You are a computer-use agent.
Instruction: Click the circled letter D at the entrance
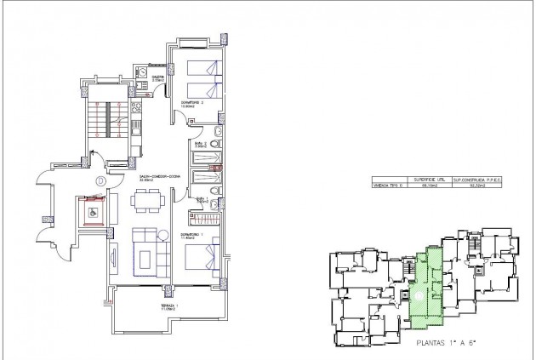(100, 180)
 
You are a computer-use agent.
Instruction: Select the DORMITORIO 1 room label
(191, 235)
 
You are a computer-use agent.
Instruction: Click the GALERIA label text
(158, 77)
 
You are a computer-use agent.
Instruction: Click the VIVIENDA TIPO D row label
(387, 186)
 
